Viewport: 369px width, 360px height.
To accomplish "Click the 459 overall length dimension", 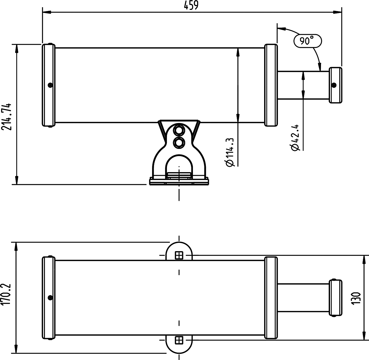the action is pyautogui.click(x=191, y=5).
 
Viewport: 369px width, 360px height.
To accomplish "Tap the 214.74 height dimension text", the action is pyautogui.click(x=6, y=117).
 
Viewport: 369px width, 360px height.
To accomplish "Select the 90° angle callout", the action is pyautogui.click(x=307, y=41).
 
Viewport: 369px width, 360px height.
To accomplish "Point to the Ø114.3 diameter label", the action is pyautogui.click(x=230, y=152).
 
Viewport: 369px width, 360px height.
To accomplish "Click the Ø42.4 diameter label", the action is pyautogui.click(x=295, y=138).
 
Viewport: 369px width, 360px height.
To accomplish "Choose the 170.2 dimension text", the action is pyautogui.click(x=6, y=295).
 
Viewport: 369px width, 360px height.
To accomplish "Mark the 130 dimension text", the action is pyautogui.click(x=357, y=298).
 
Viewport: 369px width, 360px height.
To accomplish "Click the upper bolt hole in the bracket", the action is pyautogui.click(x=179, y=131).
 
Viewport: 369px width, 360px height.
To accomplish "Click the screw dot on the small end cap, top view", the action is pyautogui.click(x=334, y=85).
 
